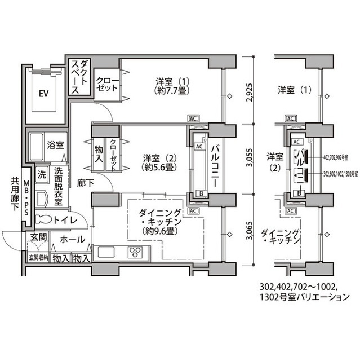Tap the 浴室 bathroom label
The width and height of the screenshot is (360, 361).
[x=55, y=144]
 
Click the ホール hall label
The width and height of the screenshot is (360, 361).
[x=72, y=239]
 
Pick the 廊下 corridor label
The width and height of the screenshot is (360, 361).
[x=86, y=183]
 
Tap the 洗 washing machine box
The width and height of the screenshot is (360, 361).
[x=42, y=175]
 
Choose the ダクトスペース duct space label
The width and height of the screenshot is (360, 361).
[x=79, y=77]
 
